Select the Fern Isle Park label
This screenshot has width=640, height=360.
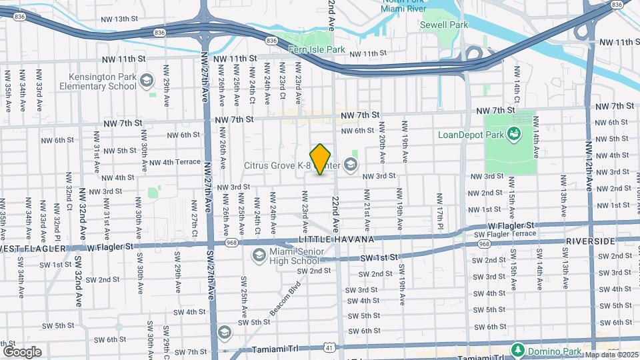coord(317,49)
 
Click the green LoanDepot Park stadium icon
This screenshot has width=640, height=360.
coord(514,135)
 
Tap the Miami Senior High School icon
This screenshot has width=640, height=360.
coord(257,255)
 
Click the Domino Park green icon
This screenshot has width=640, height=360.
coord(517,350)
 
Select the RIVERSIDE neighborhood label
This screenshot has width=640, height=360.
coord(589,241)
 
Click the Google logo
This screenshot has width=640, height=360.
coord(22,351)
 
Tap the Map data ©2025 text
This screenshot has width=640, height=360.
coord(611,354)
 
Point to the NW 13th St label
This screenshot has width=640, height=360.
coord(115,19)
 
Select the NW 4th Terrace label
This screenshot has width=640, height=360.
coord(175,162)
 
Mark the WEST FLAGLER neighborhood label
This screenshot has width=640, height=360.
coord(33,249)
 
